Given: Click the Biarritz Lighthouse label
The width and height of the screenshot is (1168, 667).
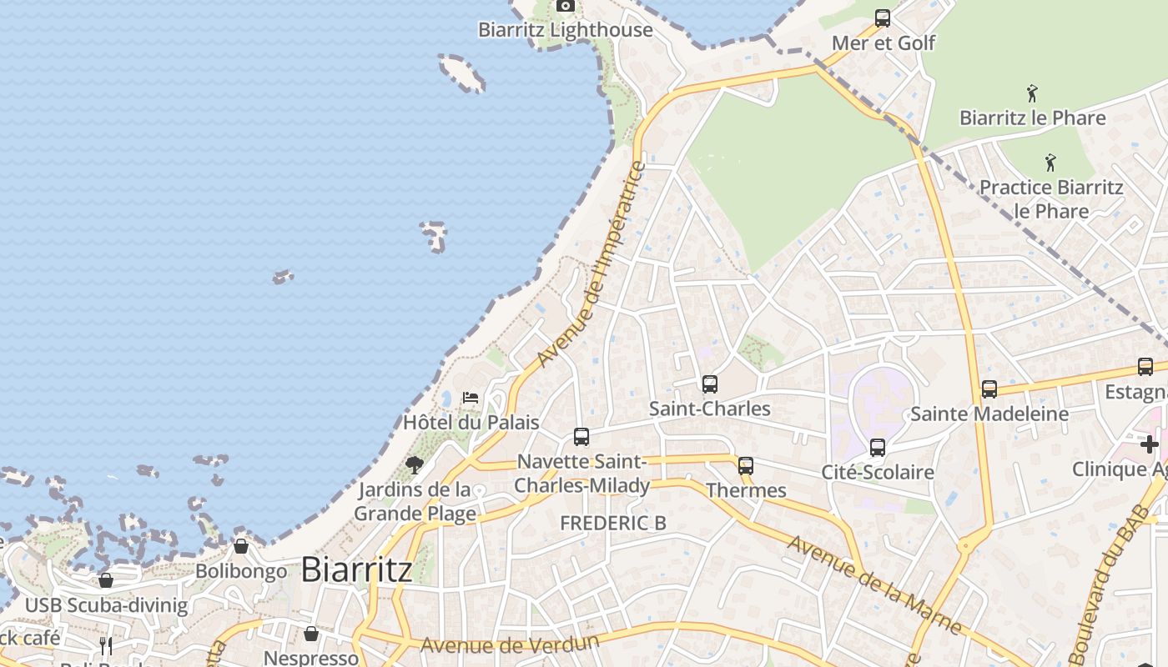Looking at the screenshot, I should pyautogui.click(x=565, y=30).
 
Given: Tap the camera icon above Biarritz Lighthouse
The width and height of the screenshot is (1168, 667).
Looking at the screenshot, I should pyautogui.click(x=566, y=6).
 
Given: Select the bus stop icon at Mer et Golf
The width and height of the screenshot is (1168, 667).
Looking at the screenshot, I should pyautogui.click(x=883, y=18).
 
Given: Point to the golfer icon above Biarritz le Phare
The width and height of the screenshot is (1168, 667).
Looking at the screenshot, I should pyautogui.click(x=1032, y=93).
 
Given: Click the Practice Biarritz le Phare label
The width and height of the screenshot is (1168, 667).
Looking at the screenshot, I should pyautogui.click(x=1051, y=198).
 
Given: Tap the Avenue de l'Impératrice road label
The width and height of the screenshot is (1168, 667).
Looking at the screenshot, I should pyautogui.click(x=592, y=264).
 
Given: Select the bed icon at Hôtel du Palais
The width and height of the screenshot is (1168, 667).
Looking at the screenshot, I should pyautogui.click(x=471, y=398).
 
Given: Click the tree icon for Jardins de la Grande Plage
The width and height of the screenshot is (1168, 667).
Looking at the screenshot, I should pyautogui.click(x=414, y=464).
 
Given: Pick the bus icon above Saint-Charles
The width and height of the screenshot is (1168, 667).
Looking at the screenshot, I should pyautogui.click(x=709, y=384).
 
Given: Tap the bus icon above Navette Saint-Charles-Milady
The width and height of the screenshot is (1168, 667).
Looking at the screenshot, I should pyautogui.click(x=581, y=437).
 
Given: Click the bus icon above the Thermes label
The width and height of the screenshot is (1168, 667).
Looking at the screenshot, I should pyautogui.click(x=746, y=466).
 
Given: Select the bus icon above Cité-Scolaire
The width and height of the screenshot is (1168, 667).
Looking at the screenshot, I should pyautogui.click(x=877, y=448).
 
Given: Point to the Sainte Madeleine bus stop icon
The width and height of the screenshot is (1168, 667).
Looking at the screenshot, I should pyautogui.click(x=989, y=389).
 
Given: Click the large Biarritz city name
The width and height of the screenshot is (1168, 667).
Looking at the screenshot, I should pyautogui.click(x=356, y=569).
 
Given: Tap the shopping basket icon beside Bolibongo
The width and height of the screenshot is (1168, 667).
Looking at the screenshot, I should pyautogui.click(x=241, y=547).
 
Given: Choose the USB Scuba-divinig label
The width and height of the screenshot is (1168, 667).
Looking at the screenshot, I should pyautogui.click(x=107, y=605).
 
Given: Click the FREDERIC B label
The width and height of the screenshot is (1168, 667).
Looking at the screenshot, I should pyautogui.click(x=613, y=524).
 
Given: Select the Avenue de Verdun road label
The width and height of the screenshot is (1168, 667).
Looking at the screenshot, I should pyautogui.click(x=510, y=644).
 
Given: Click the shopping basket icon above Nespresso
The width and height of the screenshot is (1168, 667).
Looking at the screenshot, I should pyautogui.click(x=310, y=634).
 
